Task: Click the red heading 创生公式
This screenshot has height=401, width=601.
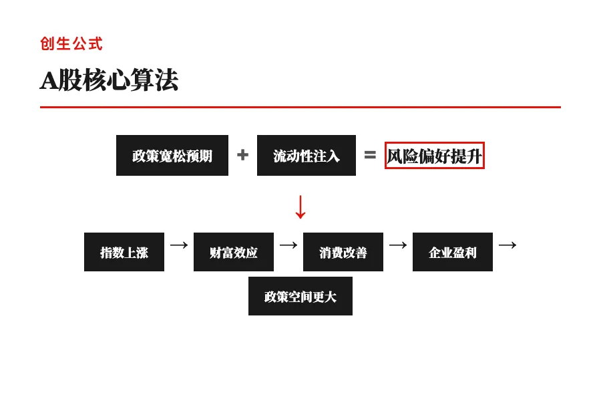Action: (71, 44)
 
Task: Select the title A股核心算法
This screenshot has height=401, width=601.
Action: (109, 80)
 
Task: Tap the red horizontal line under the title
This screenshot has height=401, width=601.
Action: (300, 107)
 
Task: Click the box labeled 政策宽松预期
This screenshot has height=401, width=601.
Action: (172, 156)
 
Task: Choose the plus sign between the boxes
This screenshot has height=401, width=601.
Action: (242, 155)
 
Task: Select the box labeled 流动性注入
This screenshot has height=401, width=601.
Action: (307, 156)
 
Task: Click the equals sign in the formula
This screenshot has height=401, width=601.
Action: (370, 155)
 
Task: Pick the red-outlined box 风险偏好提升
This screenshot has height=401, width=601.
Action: (434, 156)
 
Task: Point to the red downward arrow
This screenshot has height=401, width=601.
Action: (300, 207)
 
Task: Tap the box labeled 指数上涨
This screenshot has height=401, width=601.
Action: (124, 252)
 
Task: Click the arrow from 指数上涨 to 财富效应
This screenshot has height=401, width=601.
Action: (179, 245)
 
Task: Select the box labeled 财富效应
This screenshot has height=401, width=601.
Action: (234, 252)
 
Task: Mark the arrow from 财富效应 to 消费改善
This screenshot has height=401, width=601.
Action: (288, 245)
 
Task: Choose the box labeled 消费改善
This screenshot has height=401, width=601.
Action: (343, 252)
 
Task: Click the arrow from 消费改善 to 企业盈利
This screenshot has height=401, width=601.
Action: (398, 245)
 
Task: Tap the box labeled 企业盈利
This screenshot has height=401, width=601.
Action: (453, 252)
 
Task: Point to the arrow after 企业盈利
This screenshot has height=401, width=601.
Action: (508, 245)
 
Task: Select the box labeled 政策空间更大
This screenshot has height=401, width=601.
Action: (300, 296)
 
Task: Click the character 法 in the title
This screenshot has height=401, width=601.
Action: (167, 80)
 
